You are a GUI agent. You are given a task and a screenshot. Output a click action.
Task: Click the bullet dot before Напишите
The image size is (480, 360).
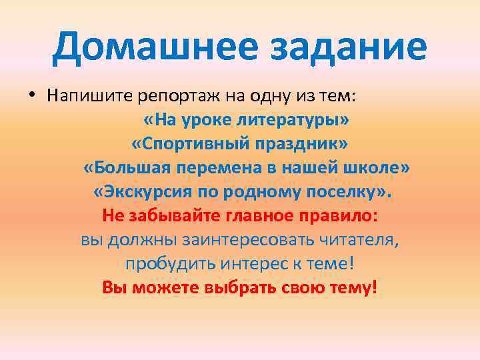(31, 95)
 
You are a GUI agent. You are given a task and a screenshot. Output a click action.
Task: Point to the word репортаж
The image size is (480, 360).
(177, 96)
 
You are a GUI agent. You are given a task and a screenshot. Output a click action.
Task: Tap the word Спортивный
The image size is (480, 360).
(183, 145)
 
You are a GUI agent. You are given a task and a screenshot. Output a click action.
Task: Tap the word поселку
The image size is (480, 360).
(346, 193)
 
